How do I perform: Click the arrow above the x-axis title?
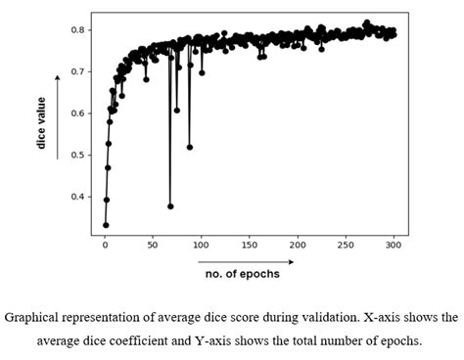point(245,261)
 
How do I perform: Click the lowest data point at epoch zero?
point(106,225)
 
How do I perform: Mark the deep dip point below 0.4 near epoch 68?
point(170,206)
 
